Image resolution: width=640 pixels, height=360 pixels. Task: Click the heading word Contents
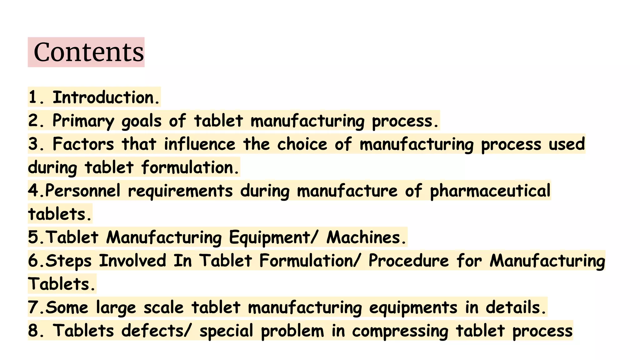point(89,52)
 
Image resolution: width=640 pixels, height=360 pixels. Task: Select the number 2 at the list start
point(33,121)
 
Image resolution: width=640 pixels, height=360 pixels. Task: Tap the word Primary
point(83,121)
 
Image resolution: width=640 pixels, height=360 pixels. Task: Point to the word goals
point(141,121)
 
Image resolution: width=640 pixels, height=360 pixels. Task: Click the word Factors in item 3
point(83,144)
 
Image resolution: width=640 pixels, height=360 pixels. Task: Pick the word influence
point(200,144)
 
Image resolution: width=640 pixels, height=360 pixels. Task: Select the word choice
point(302,144)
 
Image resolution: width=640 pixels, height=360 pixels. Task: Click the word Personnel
point(82,191)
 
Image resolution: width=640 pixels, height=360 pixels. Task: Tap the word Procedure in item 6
point(408,261)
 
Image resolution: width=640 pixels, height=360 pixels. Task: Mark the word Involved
point(132,261)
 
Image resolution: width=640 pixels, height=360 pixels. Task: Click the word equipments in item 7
point(413,308)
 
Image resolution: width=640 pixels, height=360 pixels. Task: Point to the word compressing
point(400,331)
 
